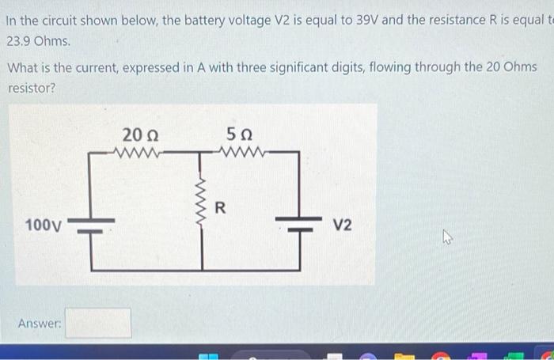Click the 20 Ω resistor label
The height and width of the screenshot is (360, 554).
(138, 134)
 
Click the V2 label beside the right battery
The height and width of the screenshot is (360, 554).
(343, 225)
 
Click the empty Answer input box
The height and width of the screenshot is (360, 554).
(98, 323)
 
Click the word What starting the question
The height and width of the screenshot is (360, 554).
(24, 67)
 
